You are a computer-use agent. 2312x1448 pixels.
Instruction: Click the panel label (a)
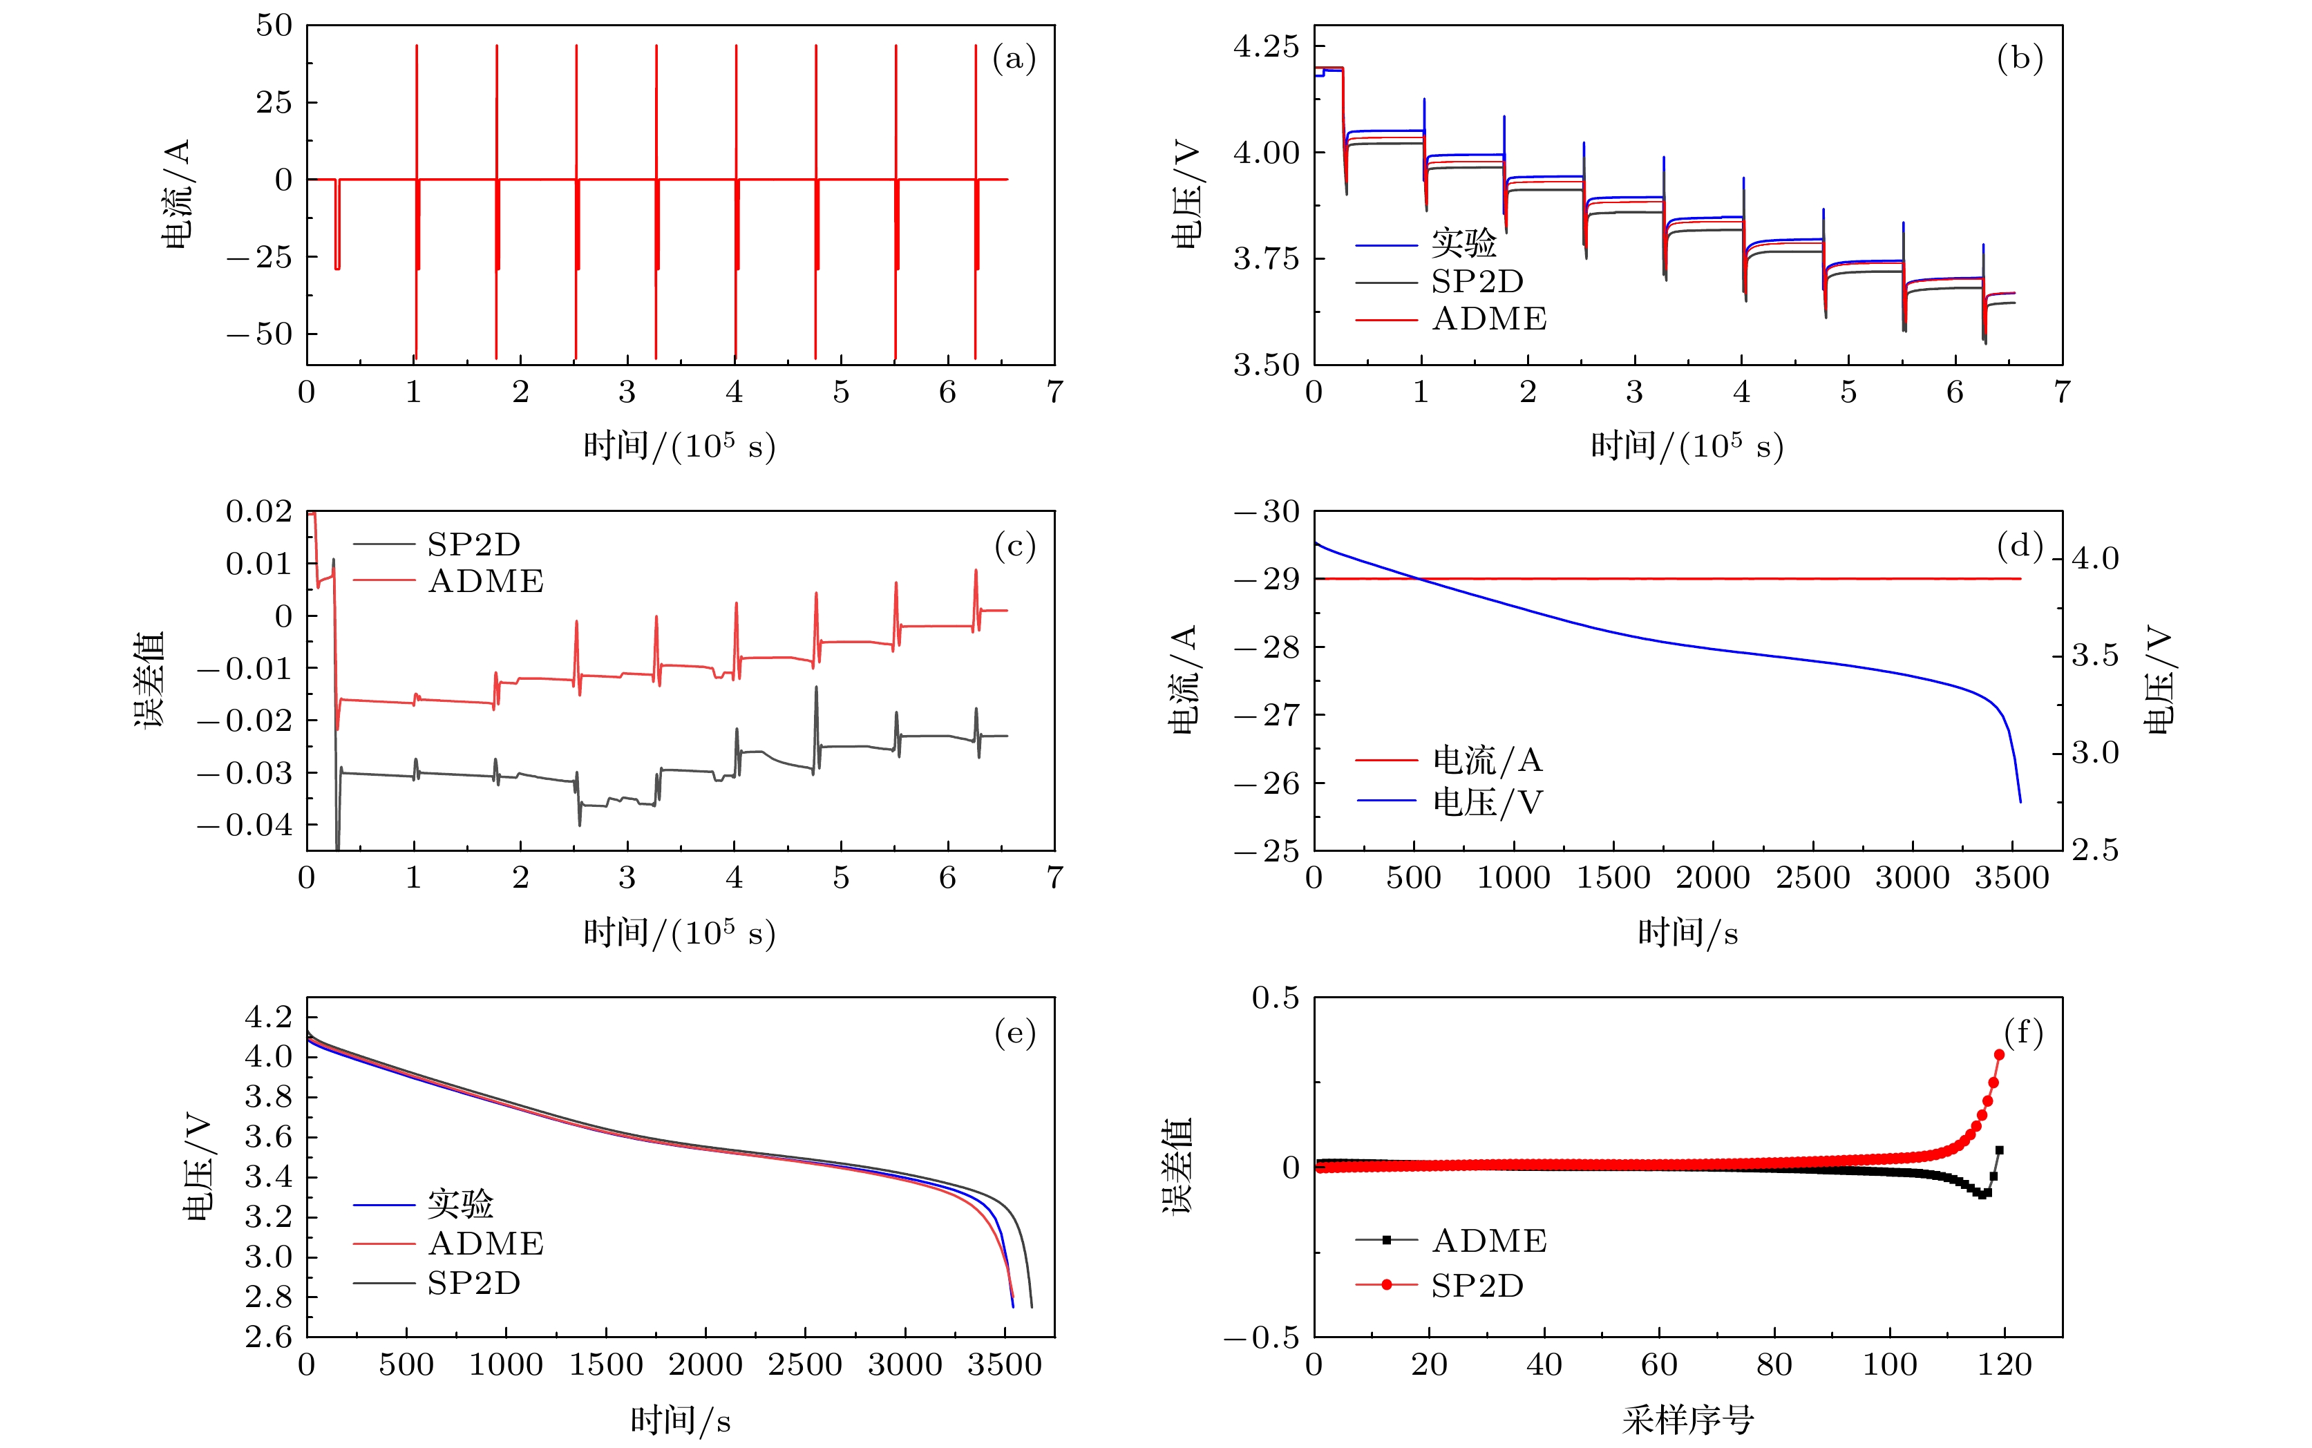[1013, 59]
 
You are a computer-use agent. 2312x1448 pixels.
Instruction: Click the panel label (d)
[2020, 546]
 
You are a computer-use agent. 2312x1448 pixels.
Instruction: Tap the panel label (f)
[2022, 1032]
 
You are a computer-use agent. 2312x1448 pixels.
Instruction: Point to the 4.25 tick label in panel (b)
[1266, 46]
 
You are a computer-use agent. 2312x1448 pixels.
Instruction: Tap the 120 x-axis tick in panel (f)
[2005, 1364]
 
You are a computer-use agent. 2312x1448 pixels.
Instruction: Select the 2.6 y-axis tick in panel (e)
[268, 1336]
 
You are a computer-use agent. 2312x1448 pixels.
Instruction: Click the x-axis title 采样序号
[1687, 1420]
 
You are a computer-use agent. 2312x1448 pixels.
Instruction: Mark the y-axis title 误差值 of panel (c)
[149, 679]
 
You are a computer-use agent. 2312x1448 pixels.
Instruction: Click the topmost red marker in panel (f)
[1999, 1054]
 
